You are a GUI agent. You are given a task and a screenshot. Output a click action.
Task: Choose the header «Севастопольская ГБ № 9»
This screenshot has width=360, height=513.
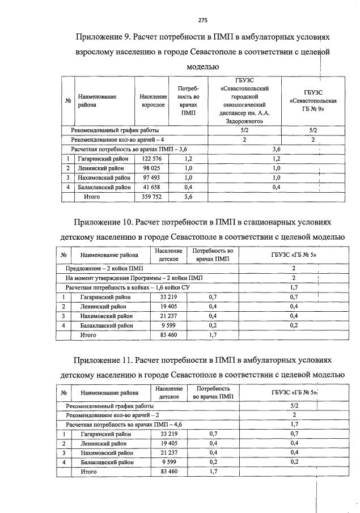point(313,101)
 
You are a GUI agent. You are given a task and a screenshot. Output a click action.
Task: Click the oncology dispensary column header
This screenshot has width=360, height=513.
point(243,101)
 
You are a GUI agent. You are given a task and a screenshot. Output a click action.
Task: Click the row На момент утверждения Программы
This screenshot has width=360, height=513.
point(133,278)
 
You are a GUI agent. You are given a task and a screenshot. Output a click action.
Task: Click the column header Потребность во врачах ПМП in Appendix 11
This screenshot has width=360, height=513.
point(213,393)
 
